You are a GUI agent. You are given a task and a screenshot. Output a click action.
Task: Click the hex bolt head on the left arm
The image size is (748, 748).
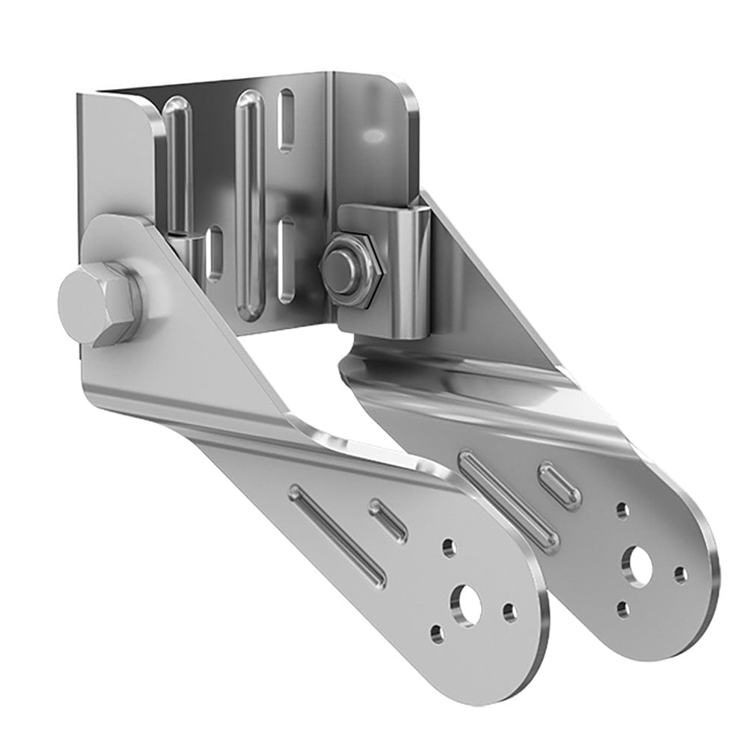97,303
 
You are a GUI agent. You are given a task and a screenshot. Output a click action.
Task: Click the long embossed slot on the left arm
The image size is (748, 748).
338,536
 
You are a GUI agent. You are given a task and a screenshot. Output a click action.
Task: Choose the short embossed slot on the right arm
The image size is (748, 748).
560,485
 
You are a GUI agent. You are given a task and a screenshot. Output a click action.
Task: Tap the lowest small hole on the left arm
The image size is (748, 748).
438,634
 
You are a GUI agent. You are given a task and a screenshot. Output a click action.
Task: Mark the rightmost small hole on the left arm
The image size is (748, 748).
510,613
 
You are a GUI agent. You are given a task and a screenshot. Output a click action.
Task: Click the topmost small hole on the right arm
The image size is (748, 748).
622,511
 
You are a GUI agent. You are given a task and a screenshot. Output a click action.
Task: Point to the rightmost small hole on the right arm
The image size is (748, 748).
681,575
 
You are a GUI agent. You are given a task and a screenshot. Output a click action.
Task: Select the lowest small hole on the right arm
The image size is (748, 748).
623,609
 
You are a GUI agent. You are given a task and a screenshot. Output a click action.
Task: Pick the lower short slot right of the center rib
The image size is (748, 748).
286,258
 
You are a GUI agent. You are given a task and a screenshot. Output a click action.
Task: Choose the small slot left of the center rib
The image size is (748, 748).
215,254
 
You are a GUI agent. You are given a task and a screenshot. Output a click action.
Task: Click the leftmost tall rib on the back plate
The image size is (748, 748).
177,165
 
